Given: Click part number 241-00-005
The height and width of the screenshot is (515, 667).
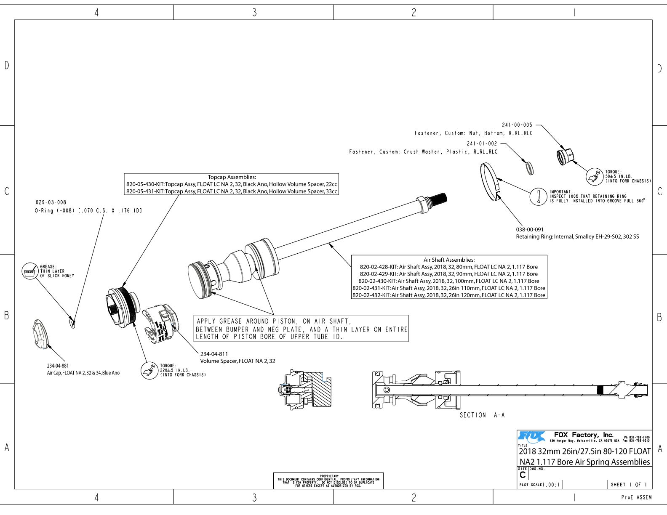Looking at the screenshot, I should click(517, 125).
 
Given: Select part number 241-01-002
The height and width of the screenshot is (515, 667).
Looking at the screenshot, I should click(482, 143).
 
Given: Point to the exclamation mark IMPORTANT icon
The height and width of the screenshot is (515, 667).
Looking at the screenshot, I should click(538, 196).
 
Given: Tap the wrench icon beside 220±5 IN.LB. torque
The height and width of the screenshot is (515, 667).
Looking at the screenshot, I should click(149, 370).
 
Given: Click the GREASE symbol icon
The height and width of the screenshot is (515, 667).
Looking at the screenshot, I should click(29, 271).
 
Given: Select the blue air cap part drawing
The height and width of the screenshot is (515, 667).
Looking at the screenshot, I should click(40, 334).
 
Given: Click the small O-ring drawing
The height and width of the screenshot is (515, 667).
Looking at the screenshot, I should click(72, 323).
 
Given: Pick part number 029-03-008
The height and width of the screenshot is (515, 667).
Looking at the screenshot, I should click(51, 202).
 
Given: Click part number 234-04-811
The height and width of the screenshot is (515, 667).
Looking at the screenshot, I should click(214, 354).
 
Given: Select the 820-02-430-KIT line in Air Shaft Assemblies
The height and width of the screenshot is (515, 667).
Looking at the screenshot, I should click(449, 281).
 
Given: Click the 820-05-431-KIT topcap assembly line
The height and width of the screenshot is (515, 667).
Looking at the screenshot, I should click(232, 191).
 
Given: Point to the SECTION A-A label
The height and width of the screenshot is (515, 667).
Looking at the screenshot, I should click(482, 415).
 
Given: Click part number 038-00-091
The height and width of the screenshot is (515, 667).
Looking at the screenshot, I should click(530, 230).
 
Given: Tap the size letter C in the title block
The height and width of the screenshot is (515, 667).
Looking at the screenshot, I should click(523, 475).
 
